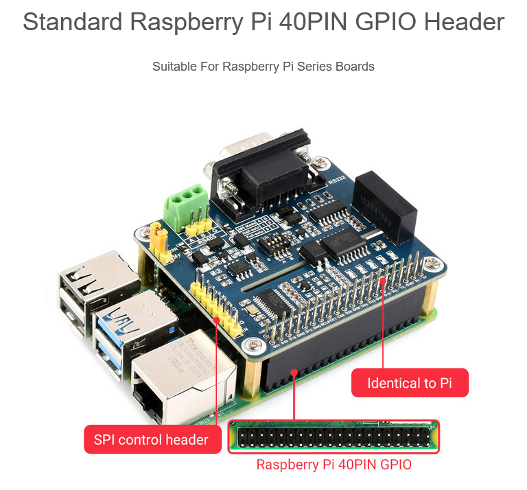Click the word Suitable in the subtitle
pyautogui.click(x=172, y=67)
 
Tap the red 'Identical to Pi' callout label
pyautogui.click(x=410, y=383)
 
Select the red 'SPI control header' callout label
pyautogui.click(x=151, y=439)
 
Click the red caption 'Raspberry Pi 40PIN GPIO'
pyautogui.click(x=334, y=465)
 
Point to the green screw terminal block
pyautogui.click(x=189, y=204)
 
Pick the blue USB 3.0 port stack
pyautogui.click(x=117, y=329)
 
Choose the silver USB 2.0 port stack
pyautogui.click(x=89, y=288)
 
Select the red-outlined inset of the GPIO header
pyautogui.click(x=333, y=437)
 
